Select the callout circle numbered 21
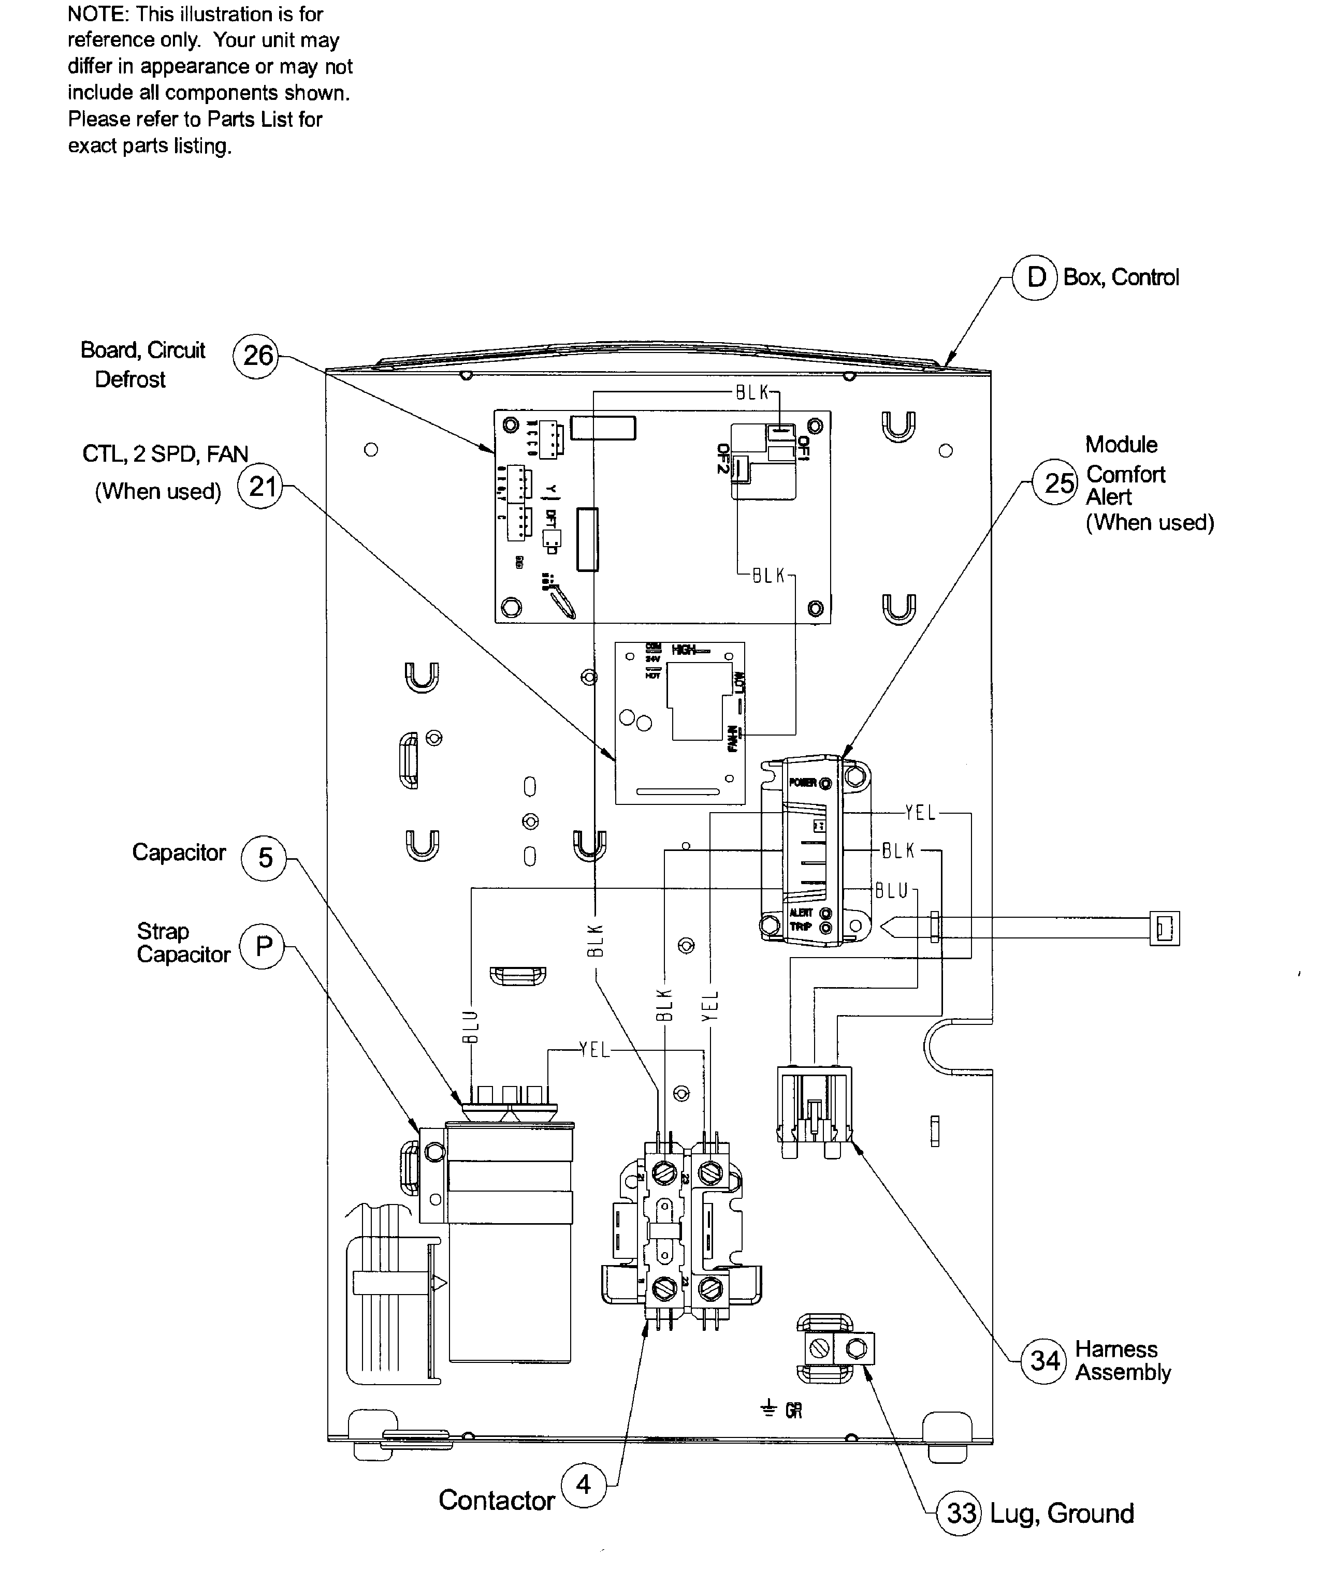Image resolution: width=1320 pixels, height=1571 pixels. click(x=260, y=487)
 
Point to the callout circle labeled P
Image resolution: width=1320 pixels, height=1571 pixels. click(x=262, y=946)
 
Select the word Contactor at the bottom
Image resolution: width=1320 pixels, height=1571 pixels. click(x=496, y=1500)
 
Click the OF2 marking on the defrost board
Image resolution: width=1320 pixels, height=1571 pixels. click(x=723, y=459)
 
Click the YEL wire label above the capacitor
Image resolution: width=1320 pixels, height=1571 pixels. click(x=595, y=1050)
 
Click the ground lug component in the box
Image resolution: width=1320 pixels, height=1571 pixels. click(x=838, y=1349)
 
